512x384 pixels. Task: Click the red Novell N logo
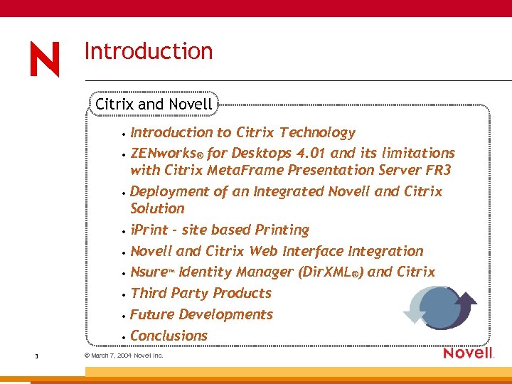(45, 59)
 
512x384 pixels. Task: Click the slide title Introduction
(148, 51)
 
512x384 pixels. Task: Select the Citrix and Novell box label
(154, 104)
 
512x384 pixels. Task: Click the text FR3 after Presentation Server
(439, 170)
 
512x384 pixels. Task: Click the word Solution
(157, 208)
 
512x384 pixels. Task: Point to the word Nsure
(148, 272)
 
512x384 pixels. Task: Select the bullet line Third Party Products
(201, 293)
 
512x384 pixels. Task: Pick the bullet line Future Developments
(201, 314)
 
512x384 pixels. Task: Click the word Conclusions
(169, 336)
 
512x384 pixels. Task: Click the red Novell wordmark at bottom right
(468, 353)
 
